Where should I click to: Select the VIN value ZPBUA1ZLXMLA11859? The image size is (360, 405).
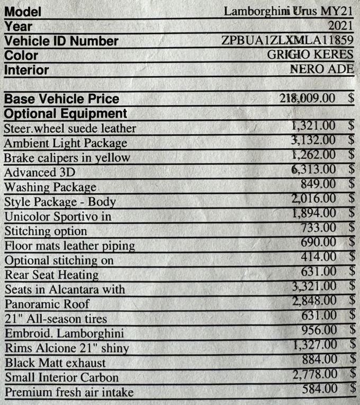[x=287, y=41]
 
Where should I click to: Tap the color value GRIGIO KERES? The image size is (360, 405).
[x=310, y=55]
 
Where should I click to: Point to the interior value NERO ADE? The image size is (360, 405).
[x=321, y=69]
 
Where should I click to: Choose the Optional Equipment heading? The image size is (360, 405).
[x=66, y=113]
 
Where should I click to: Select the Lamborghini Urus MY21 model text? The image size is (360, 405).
[x=288, y=11]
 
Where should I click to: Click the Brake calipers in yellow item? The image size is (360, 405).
[x=67, y=158]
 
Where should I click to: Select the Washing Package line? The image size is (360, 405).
[x=50, y=187]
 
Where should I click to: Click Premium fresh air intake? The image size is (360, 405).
[x=69, y=392]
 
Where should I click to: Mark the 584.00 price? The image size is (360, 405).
[x=320, y=389]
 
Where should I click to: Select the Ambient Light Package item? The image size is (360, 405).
[x=66, y=143]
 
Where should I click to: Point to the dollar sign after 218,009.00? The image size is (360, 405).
[x=351, y=98]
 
